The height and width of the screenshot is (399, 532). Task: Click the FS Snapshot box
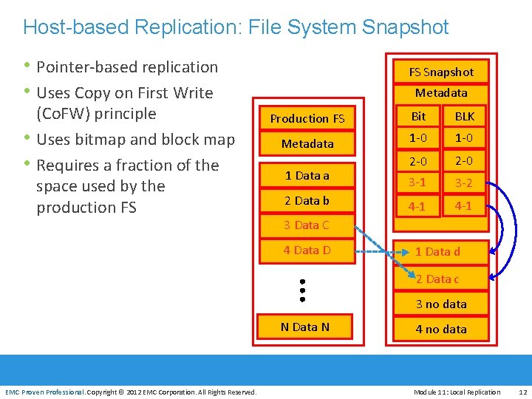click(x=441, y=72)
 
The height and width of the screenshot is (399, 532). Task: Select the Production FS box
click(x=307, y=118)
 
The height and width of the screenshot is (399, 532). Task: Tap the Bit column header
click(x=418, y=116)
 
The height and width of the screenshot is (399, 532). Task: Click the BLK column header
click(x=465, y=116)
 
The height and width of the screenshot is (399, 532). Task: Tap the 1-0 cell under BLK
click(x=464, y=138)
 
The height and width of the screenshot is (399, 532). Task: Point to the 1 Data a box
click(x=307, y=175)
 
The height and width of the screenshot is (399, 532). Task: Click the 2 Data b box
click(x=307, y=200)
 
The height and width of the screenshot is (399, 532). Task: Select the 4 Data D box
click(x=307, y=250)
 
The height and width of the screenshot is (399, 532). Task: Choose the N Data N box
click(x=305, y=327)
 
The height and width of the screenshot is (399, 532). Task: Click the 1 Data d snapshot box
click(x=441, y=252)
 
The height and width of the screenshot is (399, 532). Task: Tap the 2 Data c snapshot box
click(x=441, y=279)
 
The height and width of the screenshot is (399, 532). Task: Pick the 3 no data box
click(x=441, y=304)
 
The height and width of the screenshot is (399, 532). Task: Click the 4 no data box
click(x=441, y=329)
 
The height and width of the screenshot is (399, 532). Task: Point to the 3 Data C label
click(x=307, y=225)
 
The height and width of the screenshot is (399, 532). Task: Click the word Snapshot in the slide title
click(x=405, y=27)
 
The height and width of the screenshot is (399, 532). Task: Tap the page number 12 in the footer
click(x=523, y=392)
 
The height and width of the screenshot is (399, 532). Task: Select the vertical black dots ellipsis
click(x=303, y=290)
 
